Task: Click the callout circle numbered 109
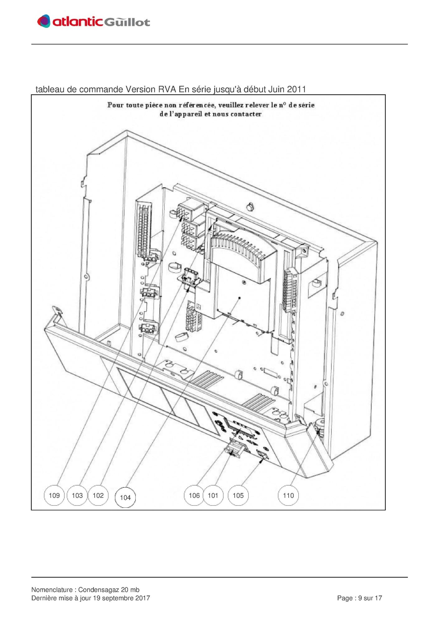pos(54,495)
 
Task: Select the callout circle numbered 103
pos(77,495)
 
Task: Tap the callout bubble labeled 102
pos(98,495)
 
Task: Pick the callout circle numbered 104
pos(125,497)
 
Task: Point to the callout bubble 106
pos(194,495)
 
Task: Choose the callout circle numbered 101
pos(213,495)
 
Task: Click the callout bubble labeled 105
pos(238,495)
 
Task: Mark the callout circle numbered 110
pos(288,495)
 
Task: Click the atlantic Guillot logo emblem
pos(44,21)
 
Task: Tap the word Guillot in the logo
pos(127,22)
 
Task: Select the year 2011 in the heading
pos(296,89)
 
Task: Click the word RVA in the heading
pos(168,89)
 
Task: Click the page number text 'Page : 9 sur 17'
pos(360,598)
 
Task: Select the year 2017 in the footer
pos(143,598)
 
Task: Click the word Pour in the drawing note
pos(116,105)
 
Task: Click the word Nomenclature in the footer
pos(52,590)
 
